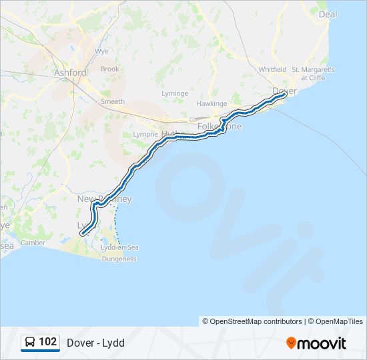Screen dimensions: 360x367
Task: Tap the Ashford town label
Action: tap(70, 73)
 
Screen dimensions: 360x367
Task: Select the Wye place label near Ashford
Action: tap(102, 51)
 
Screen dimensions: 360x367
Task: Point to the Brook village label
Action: tap(109, 69)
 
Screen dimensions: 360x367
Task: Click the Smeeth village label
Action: tap(112, 101)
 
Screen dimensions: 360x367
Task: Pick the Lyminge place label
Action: tap(175, 93)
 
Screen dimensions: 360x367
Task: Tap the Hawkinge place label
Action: tap(212, 104)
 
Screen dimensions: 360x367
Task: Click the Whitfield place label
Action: tap(272, 69)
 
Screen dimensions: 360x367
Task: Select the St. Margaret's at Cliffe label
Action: tap(313, 73)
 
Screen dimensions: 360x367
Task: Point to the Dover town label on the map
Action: tap(284, 90)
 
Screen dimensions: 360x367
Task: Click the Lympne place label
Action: tap(145, 134)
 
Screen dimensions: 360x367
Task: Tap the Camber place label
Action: tap(33, 243)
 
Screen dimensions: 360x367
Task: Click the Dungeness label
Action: tap(119, 259)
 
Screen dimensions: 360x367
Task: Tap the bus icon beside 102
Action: tap(31, 343)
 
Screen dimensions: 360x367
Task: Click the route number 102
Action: tap(48, 342)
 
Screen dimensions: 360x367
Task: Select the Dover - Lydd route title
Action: tap(95, 343)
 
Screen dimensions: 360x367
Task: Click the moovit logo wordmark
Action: tap(316, 343)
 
